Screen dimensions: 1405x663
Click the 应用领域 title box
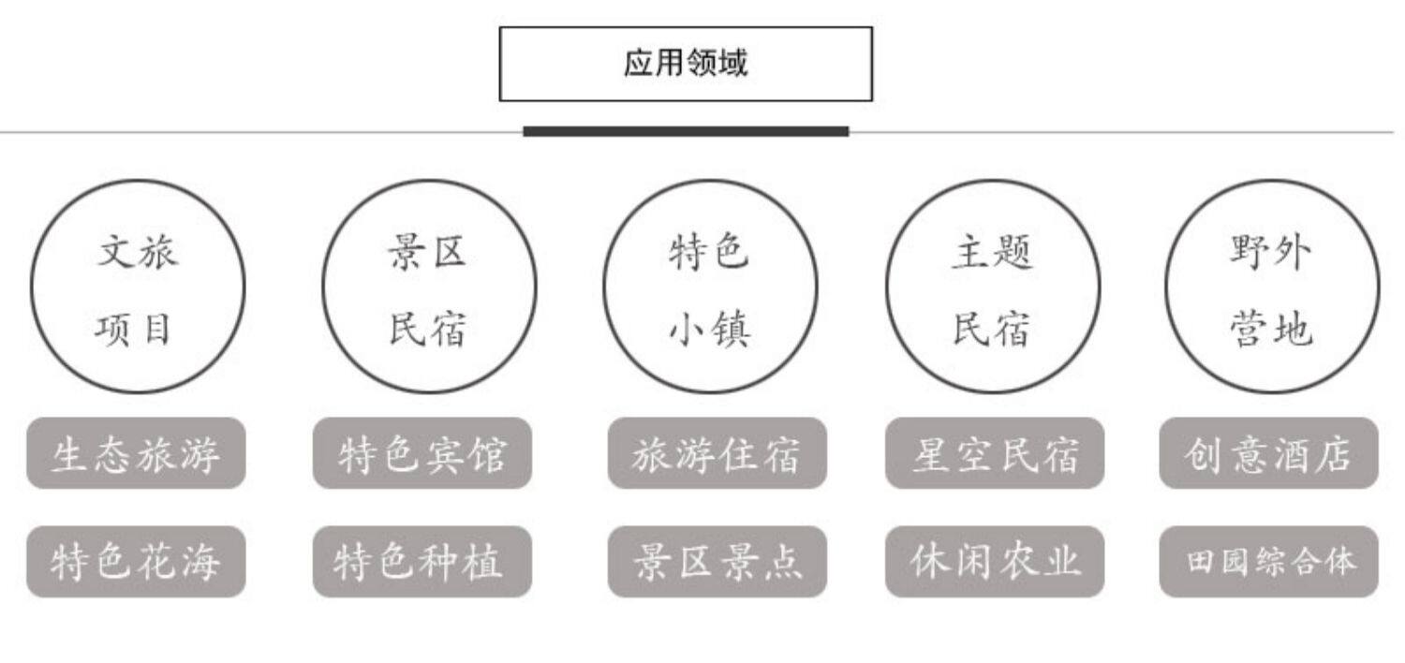[x=686, y=64]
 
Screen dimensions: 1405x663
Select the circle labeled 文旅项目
[x=138, y=287]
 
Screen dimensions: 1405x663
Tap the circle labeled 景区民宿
[x=429, y=287]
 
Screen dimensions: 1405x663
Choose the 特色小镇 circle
[x=710, y=287]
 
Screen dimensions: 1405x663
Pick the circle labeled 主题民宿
[x=993, y=287]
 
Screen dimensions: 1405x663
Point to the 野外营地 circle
[x=1272, y=287]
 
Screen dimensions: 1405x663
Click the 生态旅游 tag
[x=136, y=453]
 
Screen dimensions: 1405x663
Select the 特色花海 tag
[x=136, y=562]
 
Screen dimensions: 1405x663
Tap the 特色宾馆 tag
[x=422, y=453]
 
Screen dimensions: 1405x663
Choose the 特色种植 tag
[x=422, y=562]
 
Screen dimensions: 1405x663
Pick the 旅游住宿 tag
[x=717, y=453]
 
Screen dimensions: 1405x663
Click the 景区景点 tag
[x=717, y=562]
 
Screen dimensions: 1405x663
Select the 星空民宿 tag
[x=995, y=453]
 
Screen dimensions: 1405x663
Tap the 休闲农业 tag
[x=995, y=562]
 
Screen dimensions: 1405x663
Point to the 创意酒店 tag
[x=1268, y=453]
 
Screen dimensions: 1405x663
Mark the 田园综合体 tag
[x=1268, y=562]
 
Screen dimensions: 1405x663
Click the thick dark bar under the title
[x=686, y=131]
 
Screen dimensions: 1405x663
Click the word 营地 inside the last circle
[x=1271, y=330]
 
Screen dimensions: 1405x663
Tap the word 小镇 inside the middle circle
[x=710, y=330]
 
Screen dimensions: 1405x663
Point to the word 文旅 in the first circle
[x=137, y=252]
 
